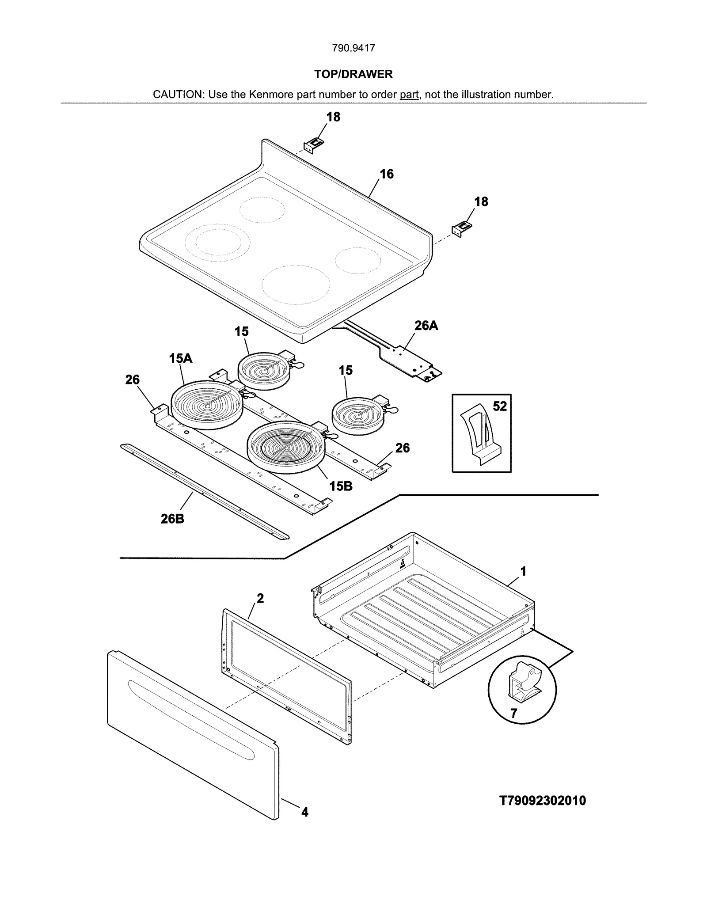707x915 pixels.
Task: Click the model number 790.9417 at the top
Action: (x=353, y=48)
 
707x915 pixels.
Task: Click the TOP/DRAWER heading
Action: (x=353, y=74)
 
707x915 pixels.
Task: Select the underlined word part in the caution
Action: (x=409, y=95)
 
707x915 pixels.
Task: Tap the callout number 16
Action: (x=387, y=174)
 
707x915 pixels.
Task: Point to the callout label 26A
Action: (x=426, y=326)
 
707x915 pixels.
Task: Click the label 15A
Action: (x=180, y=358)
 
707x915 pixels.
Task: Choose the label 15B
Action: (x=341, y=486)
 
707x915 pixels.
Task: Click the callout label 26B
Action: (x=172, y=519)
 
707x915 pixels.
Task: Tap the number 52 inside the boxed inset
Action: (x=500, y=406)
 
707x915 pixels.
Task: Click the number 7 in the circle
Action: (x=513, y=713)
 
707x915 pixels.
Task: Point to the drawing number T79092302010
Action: (x=542, y=801)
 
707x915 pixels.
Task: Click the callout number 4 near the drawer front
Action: (x=304, y=812)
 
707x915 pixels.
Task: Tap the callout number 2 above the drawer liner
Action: (x=260, y=598)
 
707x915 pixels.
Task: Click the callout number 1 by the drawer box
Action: (x=523, y=572)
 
